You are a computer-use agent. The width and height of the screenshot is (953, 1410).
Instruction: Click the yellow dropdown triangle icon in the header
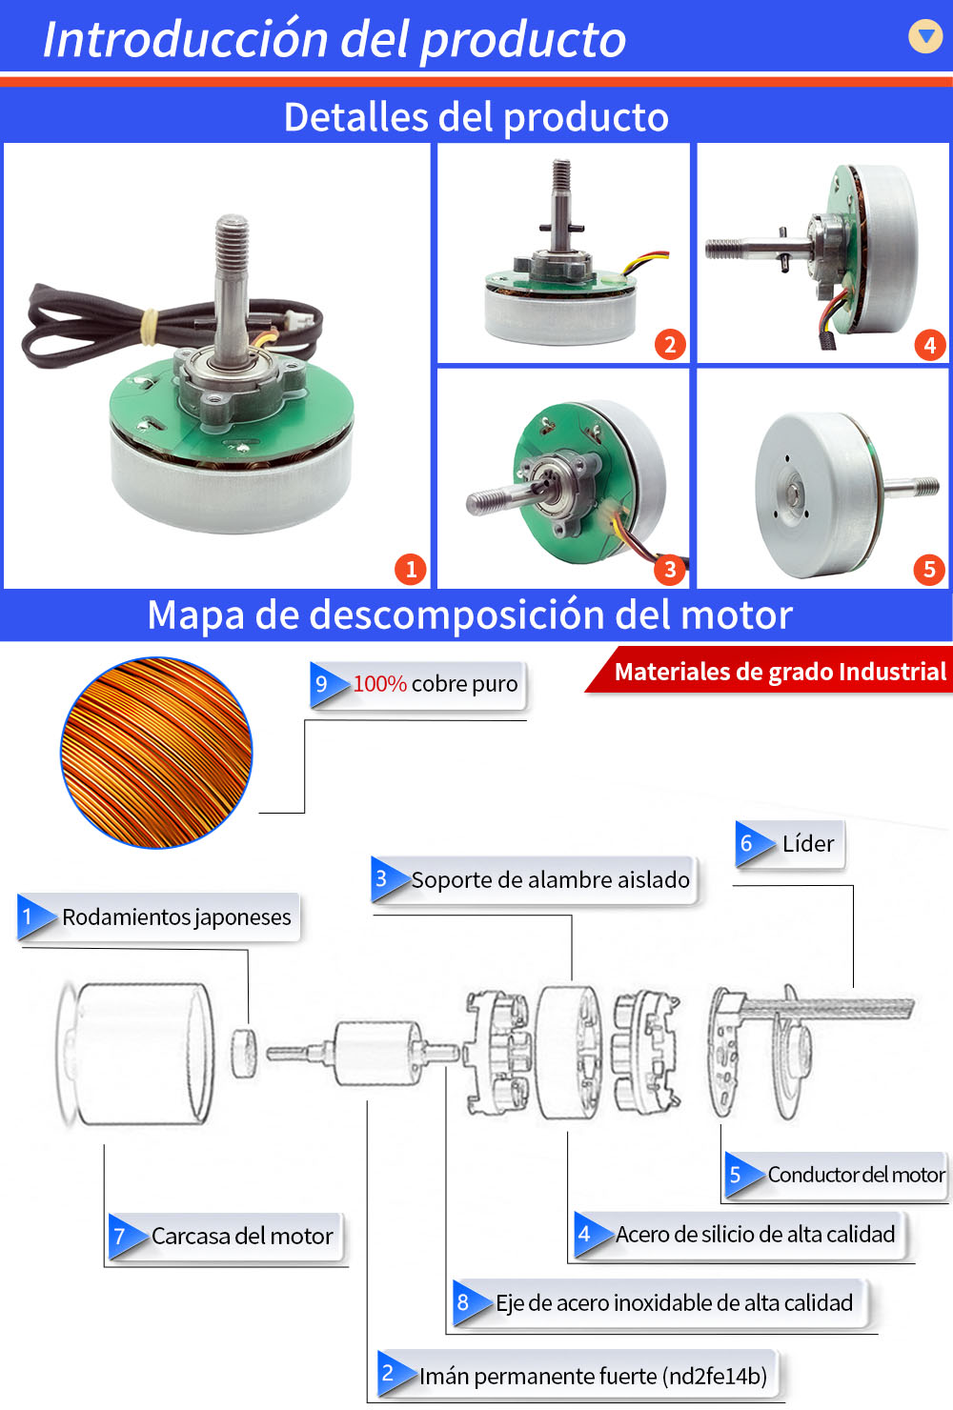[925, 36]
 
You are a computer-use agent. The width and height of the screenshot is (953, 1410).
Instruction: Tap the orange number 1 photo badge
[411, 569]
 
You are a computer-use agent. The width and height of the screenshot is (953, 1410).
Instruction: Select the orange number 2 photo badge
[670, 345]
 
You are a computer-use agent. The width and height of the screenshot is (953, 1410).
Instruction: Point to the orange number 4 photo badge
[930, 345]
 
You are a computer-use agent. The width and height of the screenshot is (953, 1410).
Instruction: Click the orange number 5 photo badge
[929, 569]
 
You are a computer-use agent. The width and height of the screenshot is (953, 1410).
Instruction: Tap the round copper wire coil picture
[156, 753]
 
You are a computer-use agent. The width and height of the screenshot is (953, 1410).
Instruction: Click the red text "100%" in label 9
[379, 684]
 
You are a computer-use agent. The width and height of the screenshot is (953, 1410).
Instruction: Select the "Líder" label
[790, 844]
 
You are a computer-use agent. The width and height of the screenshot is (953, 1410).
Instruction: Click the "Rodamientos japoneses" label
[158, 917]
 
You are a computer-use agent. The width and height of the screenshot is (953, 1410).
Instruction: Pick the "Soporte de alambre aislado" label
[535, 880]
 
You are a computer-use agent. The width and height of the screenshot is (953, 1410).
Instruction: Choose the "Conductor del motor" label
[836, 1175]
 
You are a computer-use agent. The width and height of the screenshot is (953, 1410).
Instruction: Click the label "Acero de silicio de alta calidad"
[740, 1235]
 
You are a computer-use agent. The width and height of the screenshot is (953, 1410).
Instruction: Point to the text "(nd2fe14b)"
[715, 1377]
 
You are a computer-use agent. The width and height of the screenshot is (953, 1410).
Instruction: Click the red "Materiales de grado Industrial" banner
[769, 671]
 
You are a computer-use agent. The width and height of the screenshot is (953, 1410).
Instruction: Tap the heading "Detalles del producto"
[476, 116]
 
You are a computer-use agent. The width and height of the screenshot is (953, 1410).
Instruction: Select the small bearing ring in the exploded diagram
[244, 1054]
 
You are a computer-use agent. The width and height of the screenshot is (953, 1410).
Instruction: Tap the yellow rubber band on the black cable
[150, 327]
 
